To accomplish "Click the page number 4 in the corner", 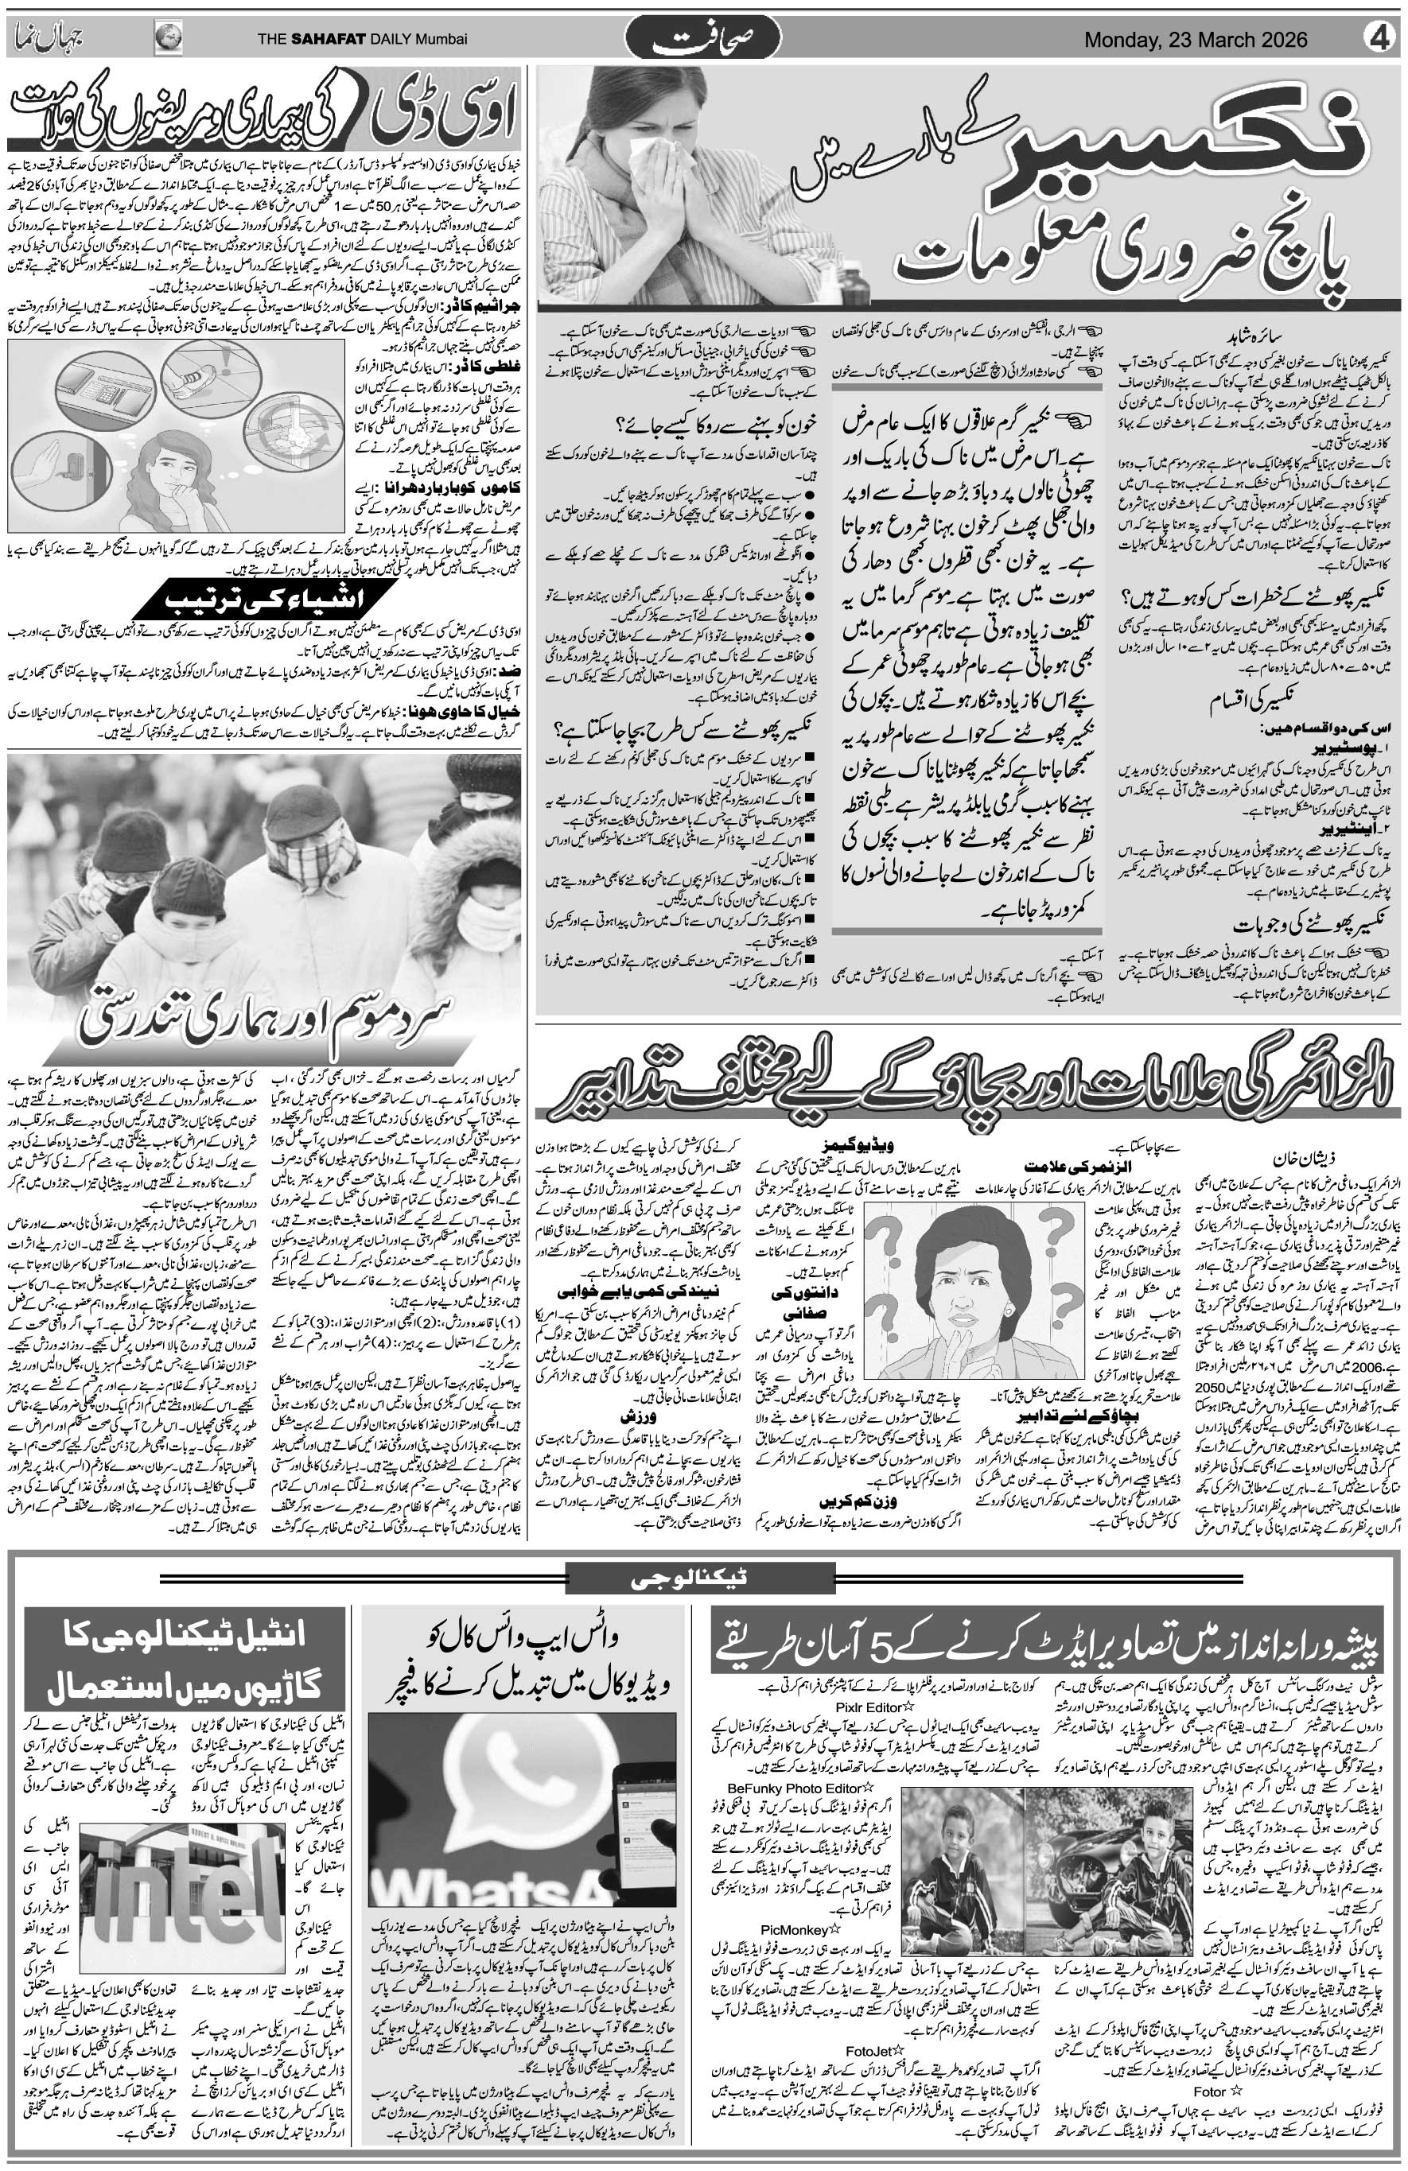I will (1381, 40).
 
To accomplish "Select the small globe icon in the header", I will (168, 38).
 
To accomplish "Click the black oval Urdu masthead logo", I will (703, 40).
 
